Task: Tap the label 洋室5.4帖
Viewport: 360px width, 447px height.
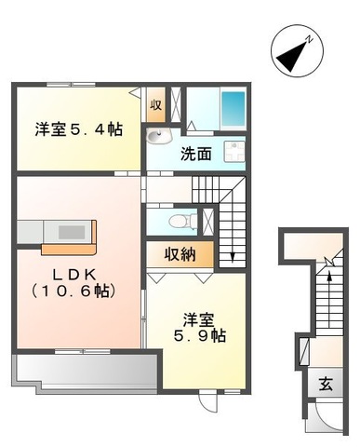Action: (x=79, y=129)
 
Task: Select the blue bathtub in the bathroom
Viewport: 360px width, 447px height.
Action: (x=232, y=111)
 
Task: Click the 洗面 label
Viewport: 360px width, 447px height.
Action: (x=196, y=155)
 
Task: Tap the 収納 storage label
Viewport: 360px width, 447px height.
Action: (x=180, y=255)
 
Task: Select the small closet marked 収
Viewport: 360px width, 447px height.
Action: (x=156, y=105)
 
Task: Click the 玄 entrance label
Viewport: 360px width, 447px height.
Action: (x=326, y=383)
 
